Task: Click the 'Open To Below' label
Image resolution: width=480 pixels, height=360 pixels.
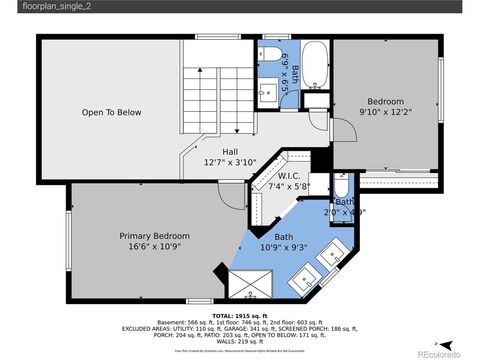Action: coord(111,112)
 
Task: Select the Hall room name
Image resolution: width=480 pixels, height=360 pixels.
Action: coord(230,151)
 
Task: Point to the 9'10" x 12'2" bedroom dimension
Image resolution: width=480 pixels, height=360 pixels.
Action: coord(384,113)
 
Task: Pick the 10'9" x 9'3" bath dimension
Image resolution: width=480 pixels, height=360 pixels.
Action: coord(283,246)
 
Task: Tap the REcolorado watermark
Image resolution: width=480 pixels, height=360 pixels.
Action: coord(437,353)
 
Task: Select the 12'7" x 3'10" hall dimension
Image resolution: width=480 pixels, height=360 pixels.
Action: coord(230,162)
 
